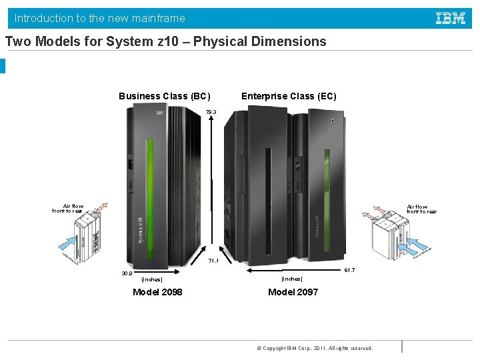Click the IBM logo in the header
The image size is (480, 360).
click(x=451, y=18)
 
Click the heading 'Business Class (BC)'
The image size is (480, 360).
click(x=165, y=96)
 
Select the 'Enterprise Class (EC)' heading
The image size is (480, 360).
click(x=289, y=96)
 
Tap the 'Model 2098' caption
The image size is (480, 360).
click(x=157, y=292)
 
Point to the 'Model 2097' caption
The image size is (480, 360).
click(x=293, y=292)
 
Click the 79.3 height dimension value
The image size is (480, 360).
click(x=211, y=112)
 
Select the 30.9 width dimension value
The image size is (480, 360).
click(x=127, y=273)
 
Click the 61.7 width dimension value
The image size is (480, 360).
click(x=349, y=270)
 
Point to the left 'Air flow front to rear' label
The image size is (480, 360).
click(x=68, y=209)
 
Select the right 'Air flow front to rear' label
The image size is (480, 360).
click(x=421, y=209)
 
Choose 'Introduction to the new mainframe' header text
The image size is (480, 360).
click(x=100, y=18)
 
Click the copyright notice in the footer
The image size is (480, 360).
click(x=315, y=348)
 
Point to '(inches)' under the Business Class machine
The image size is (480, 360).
click(x=152, y=279)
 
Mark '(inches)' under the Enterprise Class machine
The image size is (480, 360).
click(x=292, y=279)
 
